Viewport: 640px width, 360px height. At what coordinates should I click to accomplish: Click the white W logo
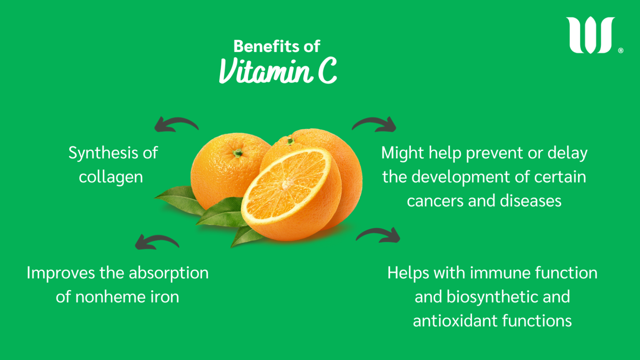pyautogui.click(x=590, y=35)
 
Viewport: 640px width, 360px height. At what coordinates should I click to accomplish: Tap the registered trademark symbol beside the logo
pyautogui.click(x=620, y=50)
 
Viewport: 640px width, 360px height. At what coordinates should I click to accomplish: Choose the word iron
pyautogui.click(x=165, y=297)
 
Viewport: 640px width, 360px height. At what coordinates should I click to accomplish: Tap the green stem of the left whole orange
pyautogui.click(x=238, y=153)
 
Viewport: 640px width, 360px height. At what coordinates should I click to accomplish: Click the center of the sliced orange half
pyautogui.click(x=286, y=185)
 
